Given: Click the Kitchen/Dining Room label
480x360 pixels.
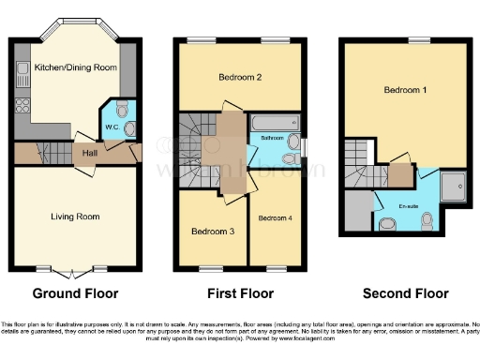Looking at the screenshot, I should pos(75,68).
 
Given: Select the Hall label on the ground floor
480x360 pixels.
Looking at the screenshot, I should pos(89,152).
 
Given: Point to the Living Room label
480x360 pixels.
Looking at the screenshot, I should pos(75,217).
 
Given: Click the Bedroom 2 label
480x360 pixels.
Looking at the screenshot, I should pos(239,77).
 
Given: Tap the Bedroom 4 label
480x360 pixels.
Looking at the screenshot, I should pos(276,217).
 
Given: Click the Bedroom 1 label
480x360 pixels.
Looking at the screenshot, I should pos(405,90).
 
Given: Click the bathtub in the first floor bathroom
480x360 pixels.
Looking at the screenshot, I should pos(274,124).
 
